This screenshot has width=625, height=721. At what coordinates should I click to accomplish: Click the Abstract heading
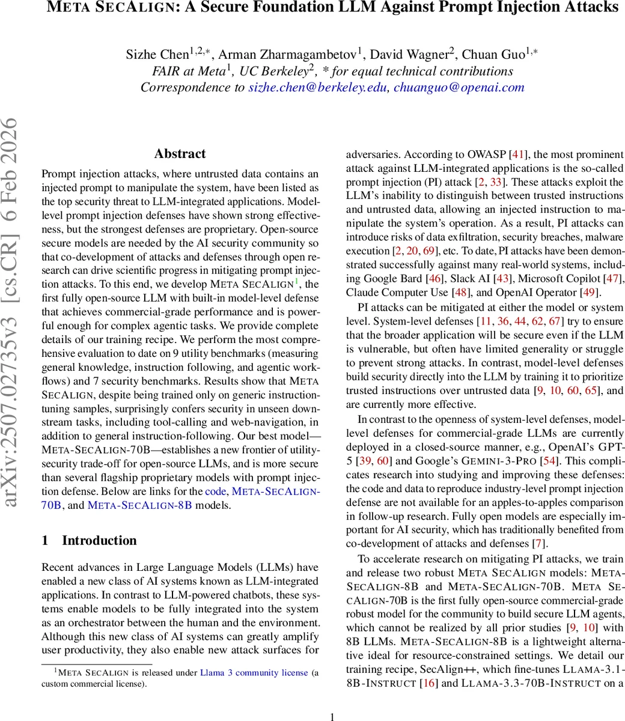pyautogui.click(x=180, y=154)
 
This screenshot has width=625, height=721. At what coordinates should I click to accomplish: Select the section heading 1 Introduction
pyautogui.click(x=89, y=540)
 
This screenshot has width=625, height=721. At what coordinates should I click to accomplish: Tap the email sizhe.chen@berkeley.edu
pyautogui.click(x=319, y=87)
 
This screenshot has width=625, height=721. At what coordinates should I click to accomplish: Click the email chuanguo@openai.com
pyautogui.click(x=459, y=87)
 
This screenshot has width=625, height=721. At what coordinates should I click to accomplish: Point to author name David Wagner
pyautogui.click(x=409, y=54)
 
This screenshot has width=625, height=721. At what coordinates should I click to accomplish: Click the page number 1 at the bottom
pyautogui.click(x=333, y=715)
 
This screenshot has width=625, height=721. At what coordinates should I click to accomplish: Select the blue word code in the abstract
pyautogui.click(x=215, y=491)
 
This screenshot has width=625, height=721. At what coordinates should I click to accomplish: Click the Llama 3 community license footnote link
pyautogui.click(x=254, y=672)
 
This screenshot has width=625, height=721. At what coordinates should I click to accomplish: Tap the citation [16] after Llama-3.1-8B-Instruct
pyautogui.click(x=429, y=683)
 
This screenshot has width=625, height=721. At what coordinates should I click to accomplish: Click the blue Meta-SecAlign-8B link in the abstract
pyautogui.click(x=139, y=505)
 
